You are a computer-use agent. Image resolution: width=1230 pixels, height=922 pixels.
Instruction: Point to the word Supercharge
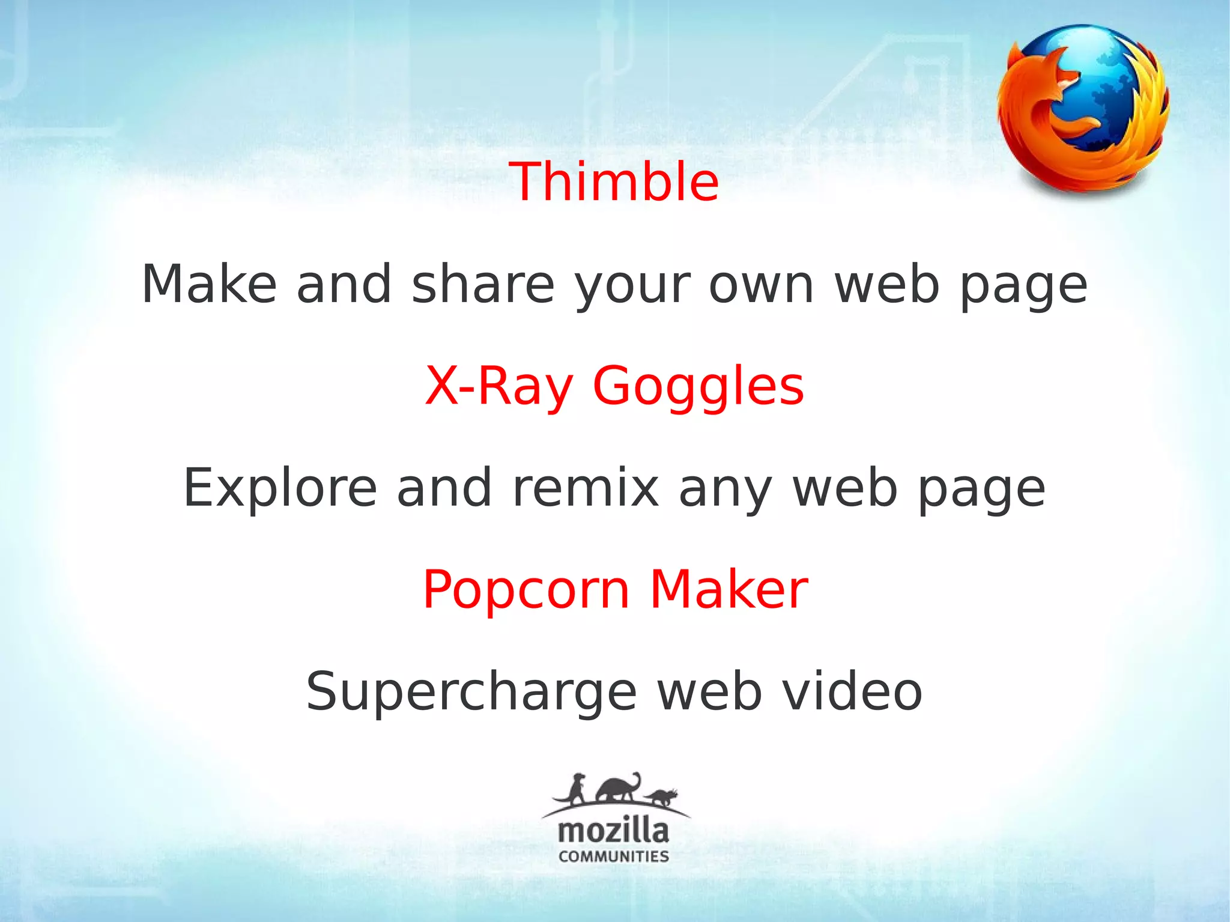[471, 693]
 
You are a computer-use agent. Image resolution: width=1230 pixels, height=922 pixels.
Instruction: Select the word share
[483, 284]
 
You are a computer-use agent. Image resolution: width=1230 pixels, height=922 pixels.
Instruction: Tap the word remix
[586, 488]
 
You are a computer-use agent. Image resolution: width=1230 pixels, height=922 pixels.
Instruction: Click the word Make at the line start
[209, 284]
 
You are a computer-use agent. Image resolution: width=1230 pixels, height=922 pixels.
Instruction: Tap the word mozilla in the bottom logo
[613, 831]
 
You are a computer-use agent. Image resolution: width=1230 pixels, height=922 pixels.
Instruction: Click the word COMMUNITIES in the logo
[613, 857]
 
